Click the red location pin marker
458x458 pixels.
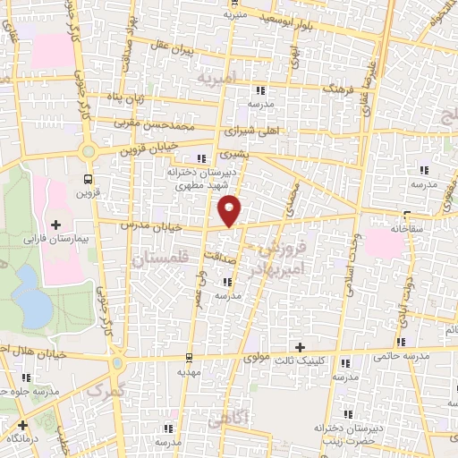[231, 209]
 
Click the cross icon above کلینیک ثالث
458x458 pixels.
[301, 346]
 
